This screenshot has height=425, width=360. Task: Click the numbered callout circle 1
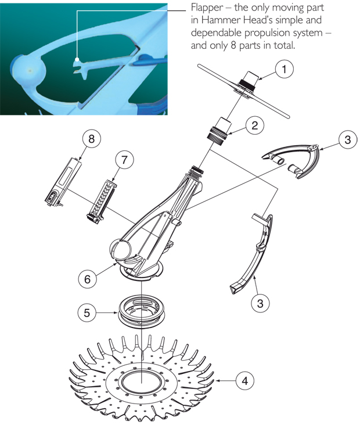tap(284, 69)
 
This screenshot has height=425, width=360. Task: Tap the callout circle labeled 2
tap(254, 125)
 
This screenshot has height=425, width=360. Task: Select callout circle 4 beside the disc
tap(245, 381)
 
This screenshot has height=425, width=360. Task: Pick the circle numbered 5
tap(87, 313)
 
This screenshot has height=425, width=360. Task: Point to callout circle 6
tap(87, 279)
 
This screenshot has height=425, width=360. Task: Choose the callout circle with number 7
tap(124, 160)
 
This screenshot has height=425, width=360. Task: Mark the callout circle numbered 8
tap(91, 139)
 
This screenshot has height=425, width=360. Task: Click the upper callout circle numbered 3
tap(348, 139)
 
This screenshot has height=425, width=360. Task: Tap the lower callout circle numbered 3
tap(260, 302)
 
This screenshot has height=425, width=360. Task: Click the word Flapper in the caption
tap(207, 8)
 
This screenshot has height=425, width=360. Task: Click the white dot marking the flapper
tap(77, 59)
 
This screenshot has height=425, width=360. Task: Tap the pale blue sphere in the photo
tap(28, 71)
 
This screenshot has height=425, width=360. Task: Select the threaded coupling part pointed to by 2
tap(221, 129)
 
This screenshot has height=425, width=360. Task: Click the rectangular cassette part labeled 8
tap(63, 182)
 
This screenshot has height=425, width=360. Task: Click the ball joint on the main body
tap(120, 249)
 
